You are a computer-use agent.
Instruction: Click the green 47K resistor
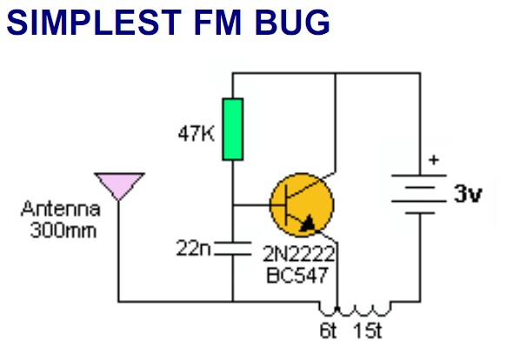[233, 130]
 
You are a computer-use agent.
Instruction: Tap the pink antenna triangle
[119, 184]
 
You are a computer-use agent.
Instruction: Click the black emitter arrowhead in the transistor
[308, 223]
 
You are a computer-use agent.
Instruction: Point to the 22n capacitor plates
[233, 249]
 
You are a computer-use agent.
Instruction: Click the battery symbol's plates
[419, 195]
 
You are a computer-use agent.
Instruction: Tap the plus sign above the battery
[434, 160]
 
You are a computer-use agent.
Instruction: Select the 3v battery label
[468, 194]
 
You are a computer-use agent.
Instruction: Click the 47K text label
[196, 133]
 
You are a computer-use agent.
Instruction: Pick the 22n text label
[193, 249]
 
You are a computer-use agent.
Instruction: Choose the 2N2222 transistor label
[299, 254]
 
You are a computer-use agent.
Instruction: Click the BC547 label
[297, 275]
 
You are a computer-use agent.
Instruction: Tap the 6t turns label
[328, 330]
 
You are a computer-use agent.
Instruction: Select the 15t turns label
[368, 330]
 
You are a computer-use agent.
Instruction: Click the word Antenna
[61, 209]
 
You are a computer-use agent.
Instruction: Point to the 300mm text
[63, 230]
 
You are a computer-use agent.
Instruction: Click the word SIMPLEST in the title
[94, 23]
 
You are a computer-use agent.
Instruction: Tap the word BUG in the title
[292, 23]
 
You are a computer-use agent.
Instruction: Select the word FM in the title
[218, 23]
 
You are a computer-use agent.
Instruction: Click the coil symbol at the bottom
[355, 309]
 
